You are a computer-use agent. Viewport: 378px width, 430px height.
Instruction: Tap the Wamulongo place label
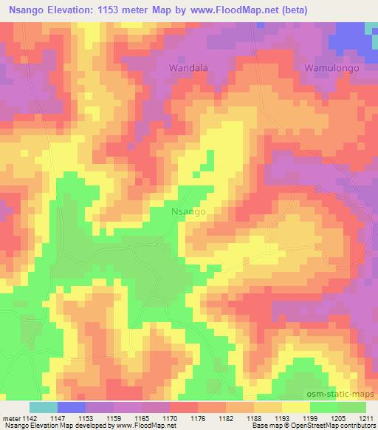tap(333, 67)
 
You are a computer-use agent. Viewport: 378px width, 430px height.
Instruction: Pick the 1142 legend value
tap(28, 417)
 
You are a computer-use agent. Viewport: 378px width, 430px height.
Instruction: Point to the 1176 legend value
tap(198, 417)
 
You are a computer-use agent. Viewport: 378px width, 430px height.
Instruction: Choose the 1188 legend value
tap(254, 417)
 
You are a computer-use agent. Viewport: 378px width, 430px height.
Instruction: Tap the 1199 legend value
tap(310, 417)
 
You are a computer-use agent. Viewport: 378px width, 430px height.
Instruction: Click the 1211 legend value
tap(366, 417)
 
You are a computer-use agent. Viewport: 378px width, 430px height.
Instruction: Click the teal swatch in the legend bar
tap(43, 407)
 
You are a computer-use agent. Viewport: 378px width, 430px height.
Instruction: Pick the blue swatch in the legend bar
tap(71, 407)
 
